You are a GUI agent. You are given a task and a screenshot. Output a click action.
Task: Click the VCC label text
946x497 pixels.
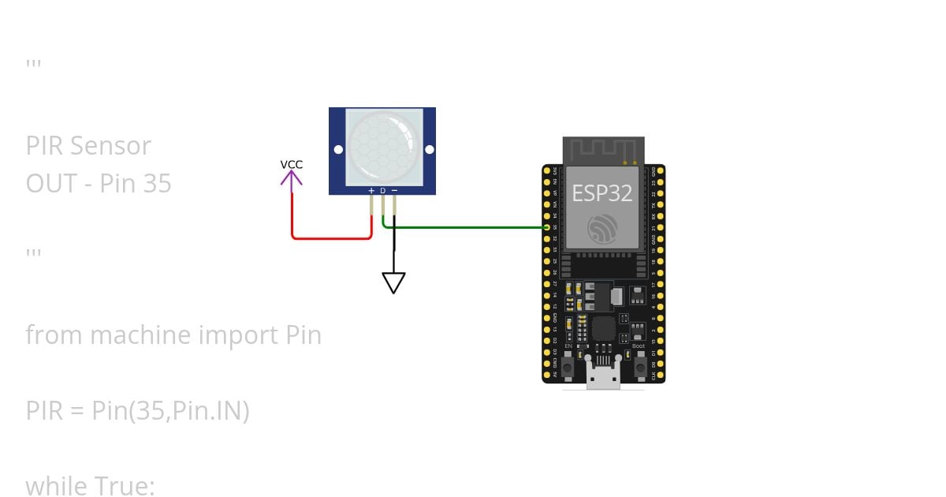click(291, 165)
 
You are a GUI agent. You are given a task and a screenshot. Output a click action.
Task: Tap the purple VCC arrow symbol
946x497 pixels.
click(291, 181)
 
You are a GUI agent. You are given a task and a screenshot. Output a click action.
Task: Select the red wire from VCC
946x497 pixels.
click(331, 237)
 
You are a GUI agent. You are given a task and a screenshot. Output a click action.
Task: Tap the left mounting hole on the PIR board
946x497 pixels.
click(338, 149)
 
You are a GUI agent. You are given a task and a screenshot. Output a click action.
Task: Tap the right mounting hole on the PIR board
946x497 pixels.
click(429, 149)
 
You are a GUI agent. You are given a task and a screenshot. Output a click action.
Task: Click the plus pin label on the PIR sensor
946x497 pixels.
click(371, 190)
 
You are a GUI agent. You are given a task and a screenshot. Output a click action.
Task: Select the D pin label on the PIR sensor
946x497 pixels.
click(383, 190)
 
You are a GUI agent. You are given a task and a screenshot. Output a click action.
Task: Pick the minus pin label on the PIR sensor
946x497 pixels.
click(394, 190)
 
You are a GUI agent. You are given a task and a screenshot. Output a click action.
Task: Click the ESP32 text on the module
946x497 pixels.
click(601, 193)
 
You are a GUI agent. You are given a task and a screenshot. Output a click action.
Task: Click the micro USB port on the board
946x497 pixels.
click(602, 378)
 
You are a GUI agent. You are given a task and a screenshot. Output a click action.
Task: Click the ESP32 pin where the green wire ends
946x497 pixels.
click(547, 227)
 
